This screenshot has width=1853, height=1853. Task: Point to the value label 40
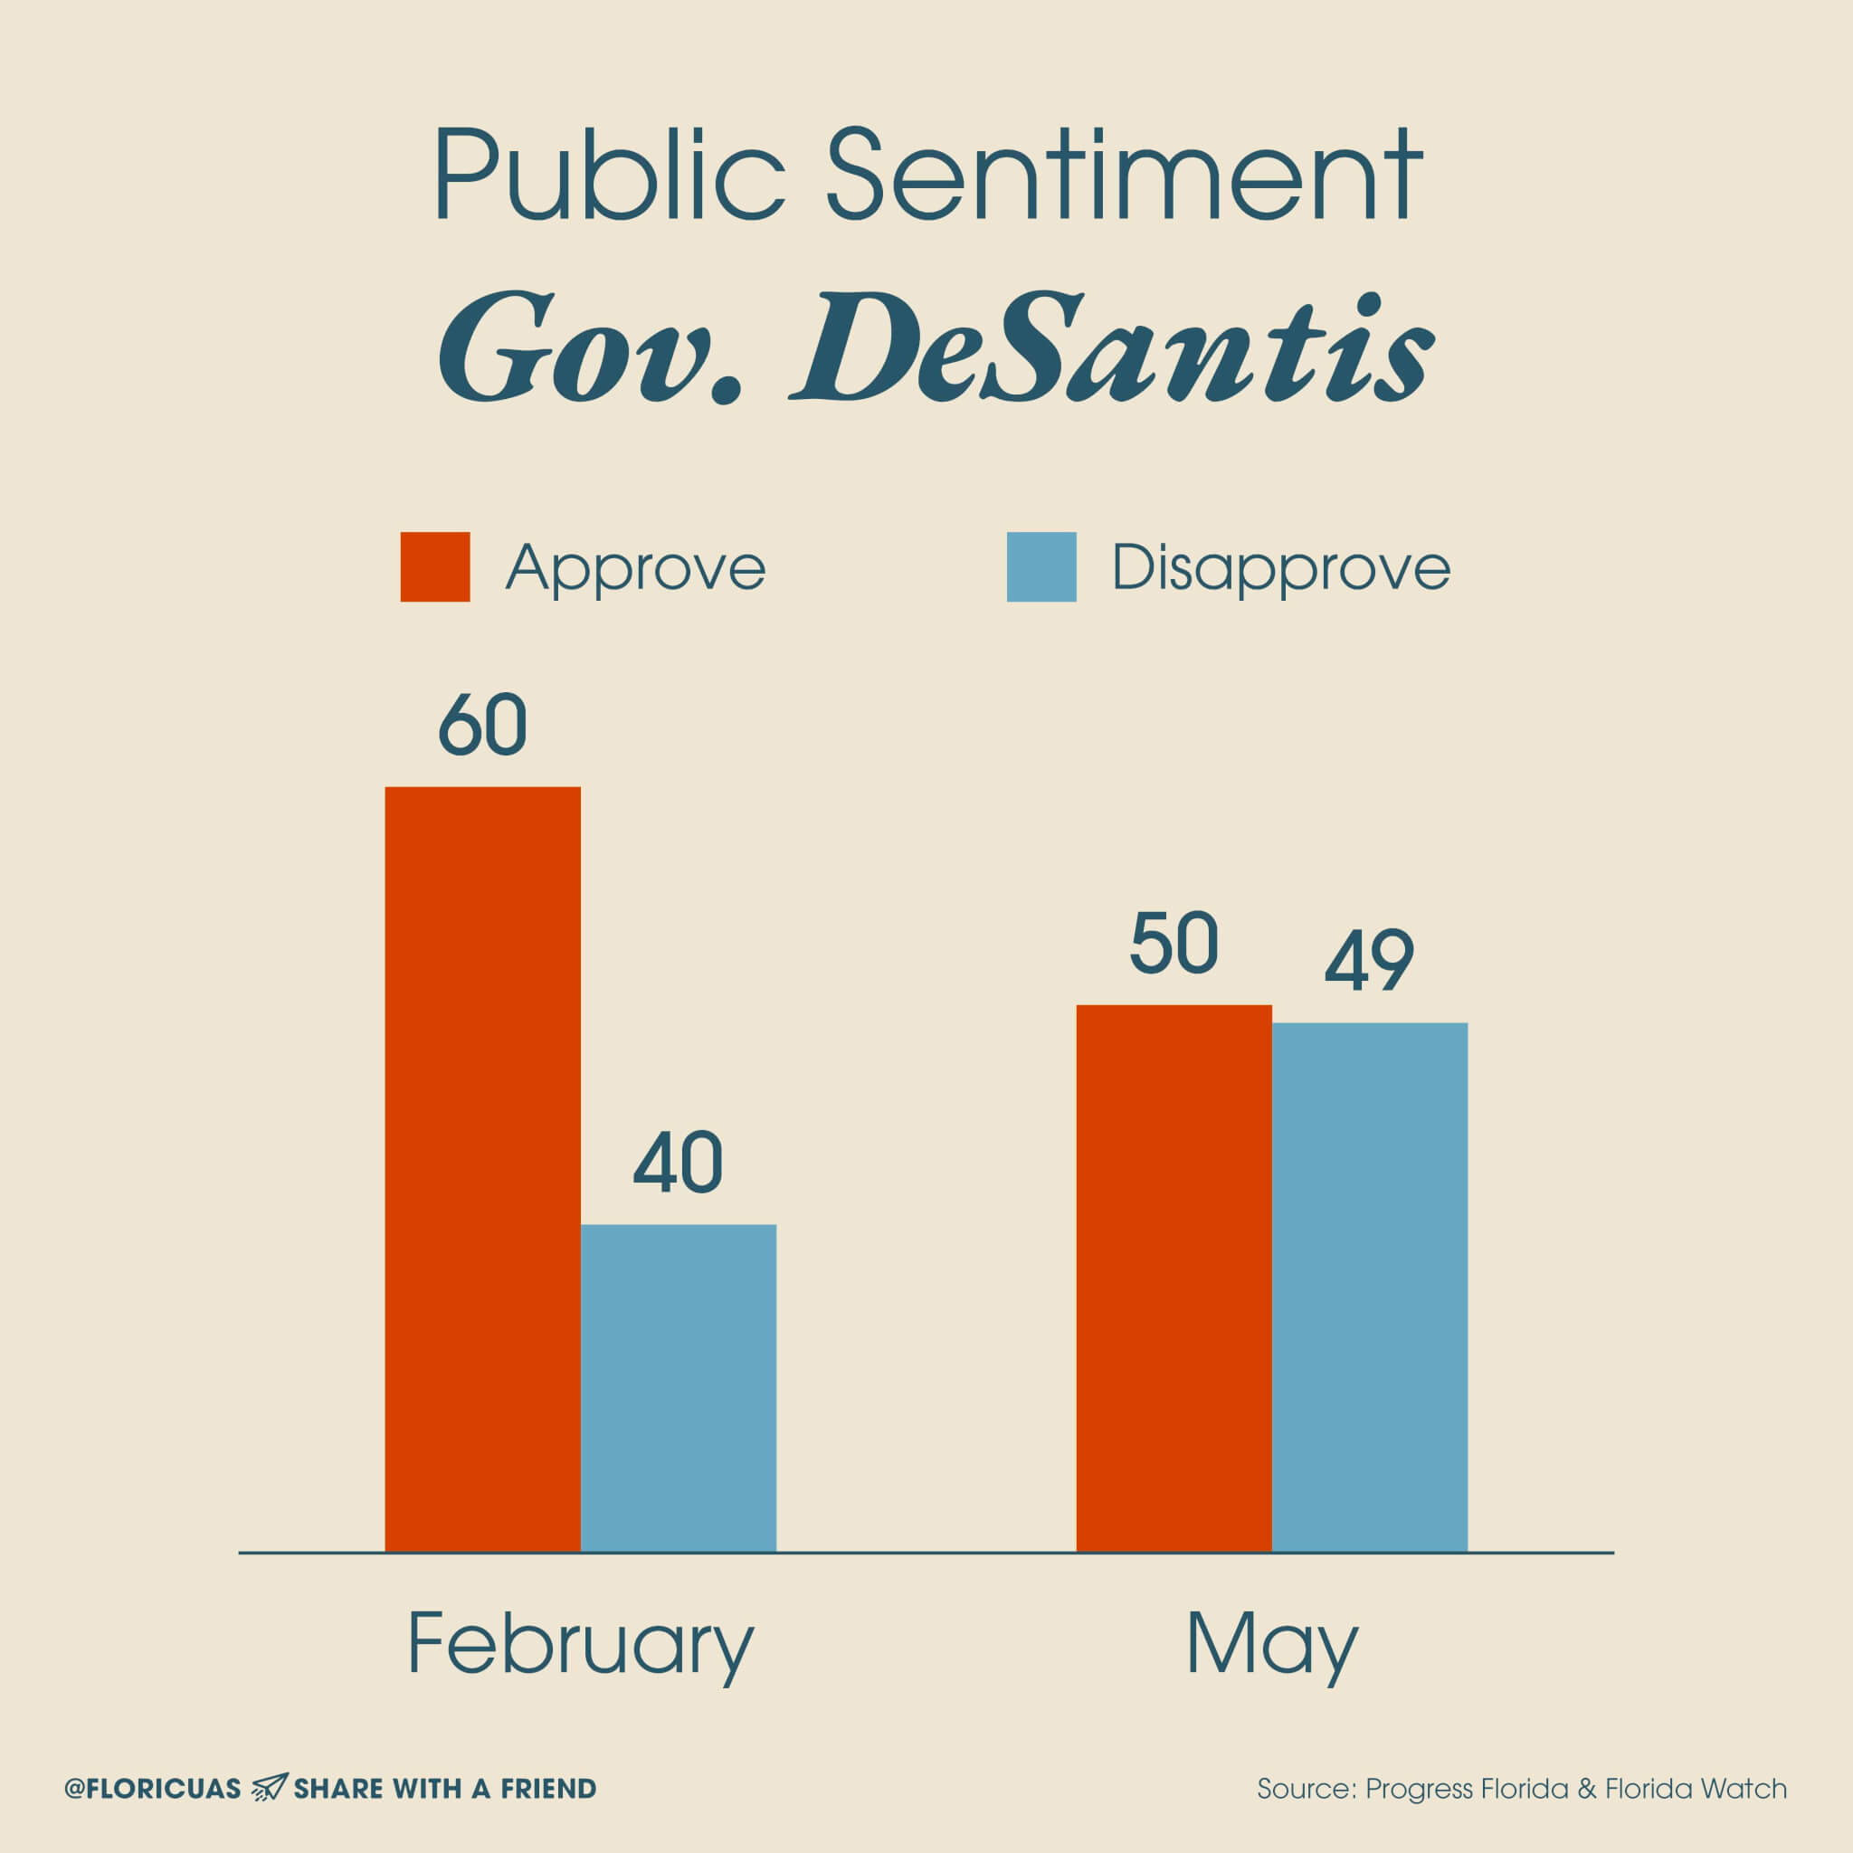(678, 1164)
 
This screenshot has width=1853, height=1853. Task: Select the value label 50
(1174, 945)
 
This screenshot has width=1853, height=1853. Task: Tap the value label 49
(1370, 960)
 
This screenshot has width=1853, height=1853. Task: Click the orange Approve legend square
(434, 566)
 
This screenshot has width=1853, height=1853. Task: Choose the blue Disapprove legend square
(1041, 566)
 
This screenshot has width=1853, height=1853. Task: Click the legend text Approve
(636, 569)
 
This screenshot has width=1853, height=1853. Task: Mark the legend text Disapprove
(1280, 569)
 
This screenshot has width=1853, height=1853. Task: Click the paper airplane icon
(269, 1788)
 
